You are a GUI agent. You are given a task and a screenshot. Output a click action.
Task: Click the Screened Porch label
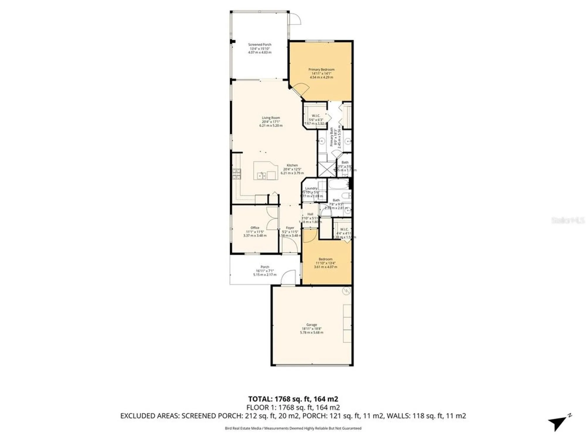[x=260, y=45]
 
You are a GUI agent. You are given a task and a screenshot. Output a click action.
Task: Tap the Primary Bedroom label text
[x=321, y=70]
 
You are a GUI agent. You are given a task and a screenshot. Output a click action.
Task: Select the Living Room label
[x=271, y=118]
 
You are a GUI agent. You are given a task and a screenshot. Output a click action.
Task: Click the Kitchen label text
[x=292, y=165]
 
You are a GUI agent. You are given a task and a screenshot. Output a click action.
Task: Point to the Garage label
[x=311, y=325]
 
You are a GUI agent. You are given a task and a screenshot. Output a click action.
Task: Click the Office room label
[x=255, y=228]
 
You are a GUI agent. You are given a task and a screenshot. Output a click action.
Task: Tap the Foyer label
[x=290, y=228]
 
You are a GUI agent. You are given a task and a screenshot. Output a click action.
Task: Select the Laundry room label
[x=311, y=188]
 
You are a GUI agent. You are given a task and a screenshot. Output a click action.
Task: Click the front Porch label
[x=265, y=267]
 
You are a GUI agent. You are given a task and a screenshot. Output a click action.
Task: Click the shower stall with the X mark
[x=327, y=169]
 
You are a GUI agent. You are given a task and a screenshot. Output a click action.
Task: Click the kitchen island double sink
[x=261, y=175]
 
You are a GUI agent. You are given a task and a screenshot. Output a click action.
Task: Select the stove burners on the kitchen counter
[x=236, y=174]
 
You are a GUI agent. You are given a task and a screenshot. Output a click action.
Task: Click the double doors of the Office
[x=272, y=219]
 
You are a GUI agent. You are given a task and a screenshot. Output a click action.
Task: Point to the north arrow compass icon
[x=559, y=423]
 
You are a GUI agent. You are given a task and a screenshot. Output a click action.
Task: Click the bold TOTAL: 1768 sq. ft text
[x=293, y=399]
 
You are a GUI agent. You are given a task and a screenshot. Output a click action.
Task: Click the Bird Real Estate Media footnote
[x=293, y=428]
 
